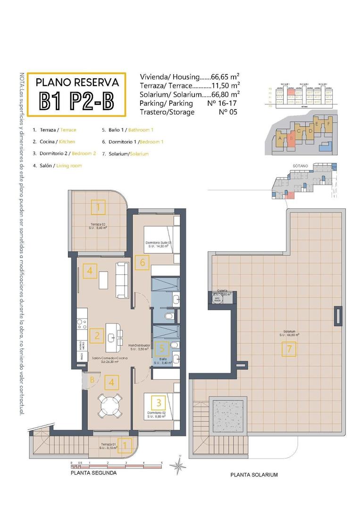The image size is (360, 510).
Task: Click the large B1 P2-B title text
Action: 76,101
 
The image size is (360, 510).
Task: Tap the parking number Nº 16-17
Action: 222,103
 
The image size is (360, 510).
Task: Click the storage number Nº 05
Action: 228,112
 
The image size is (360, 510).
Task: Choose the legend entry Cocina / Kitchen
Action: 54,141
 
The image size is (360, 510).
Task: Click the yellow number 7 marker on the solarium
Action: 288,349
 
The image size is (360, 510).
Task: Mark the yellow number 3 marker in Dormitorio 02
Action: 159,403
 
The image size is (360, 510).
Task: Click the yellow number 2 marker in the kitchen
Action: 97,336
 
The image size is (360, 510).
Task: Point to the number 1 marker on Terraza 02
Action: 98,207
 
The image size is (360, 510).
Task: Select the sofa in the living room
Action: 122,279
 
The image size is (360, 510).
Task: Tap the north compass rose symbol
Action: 178,467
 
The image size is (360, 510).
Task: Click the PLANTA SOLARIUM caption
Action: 254,475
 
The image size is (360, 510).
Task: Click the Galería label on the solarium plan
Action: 222,291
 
